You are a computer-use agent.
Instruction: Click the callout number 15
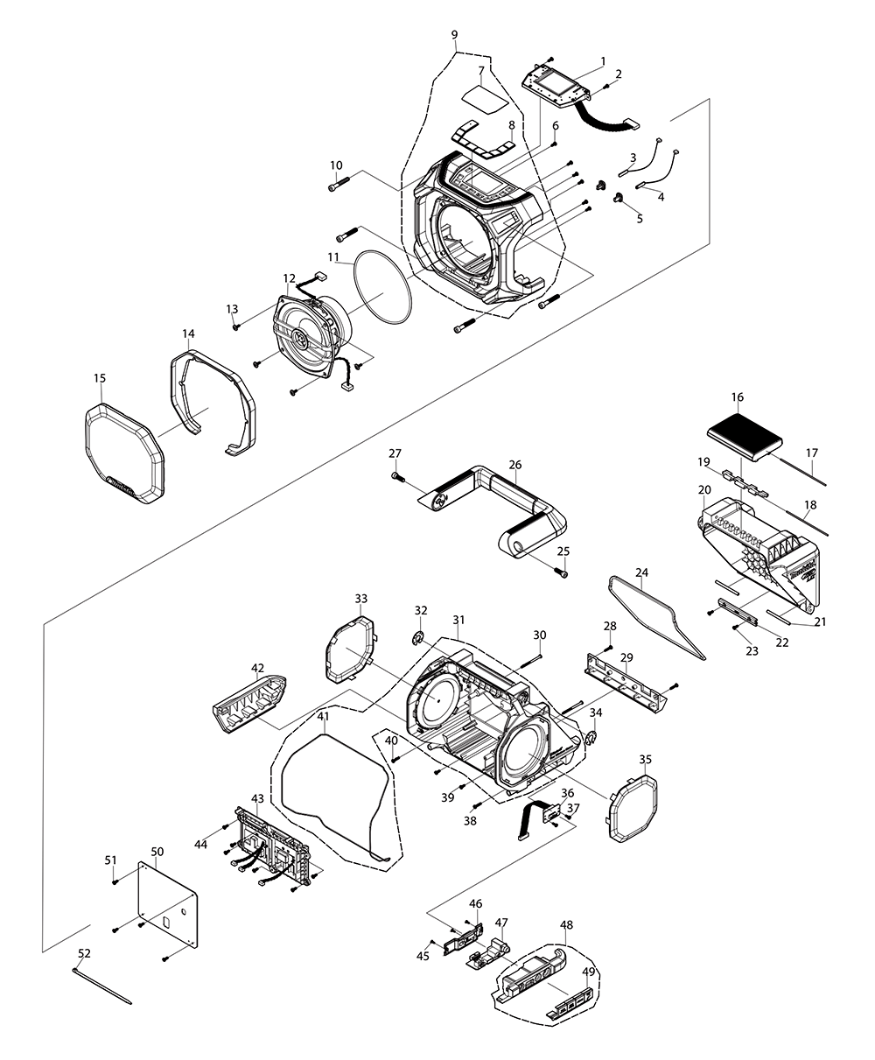tap(99, 378)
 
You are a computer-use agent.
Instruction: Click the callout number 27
tap(395, 453)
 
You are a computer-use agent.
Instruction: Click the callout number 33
tap(360, 599)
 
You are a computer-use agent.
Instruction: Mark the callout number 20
tap(704, 491)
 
